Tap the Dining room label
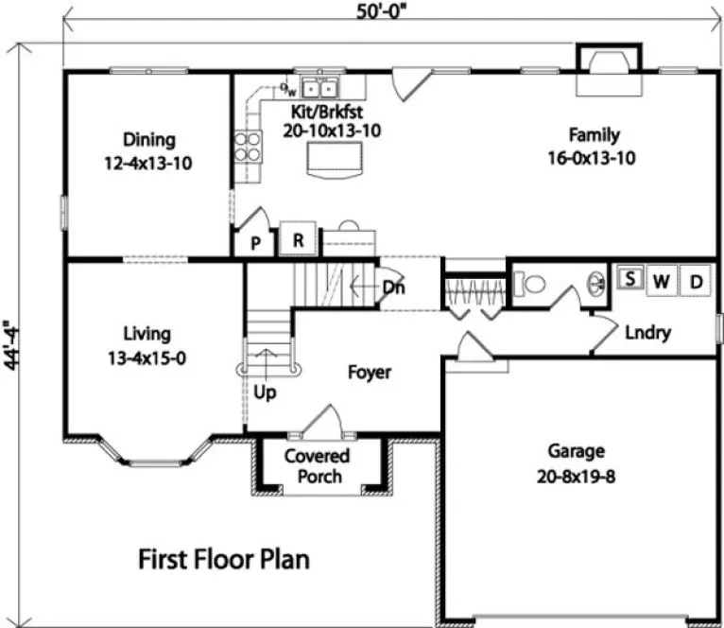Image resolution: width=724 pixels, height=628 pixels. click(148, 150)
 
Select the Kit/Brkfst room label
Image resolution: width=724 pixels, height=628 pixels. click(331, 123)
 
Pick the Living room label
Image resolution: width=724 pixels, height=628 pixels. click(147, 345)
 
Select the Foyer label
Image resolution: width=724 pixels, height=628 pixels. click(368, 373)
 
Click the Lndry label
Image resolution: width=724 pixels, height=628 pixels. click(647, 332)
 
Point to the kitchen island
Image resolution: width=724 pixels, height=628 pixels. click(333, 160)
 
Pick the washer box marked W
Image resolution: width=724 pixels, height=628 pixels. click(662, 280)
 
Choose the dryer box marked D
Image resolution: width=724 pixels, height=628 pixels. click(696, 280)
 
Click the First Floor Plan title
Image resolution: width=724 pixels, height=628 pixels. click(224, 559)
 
